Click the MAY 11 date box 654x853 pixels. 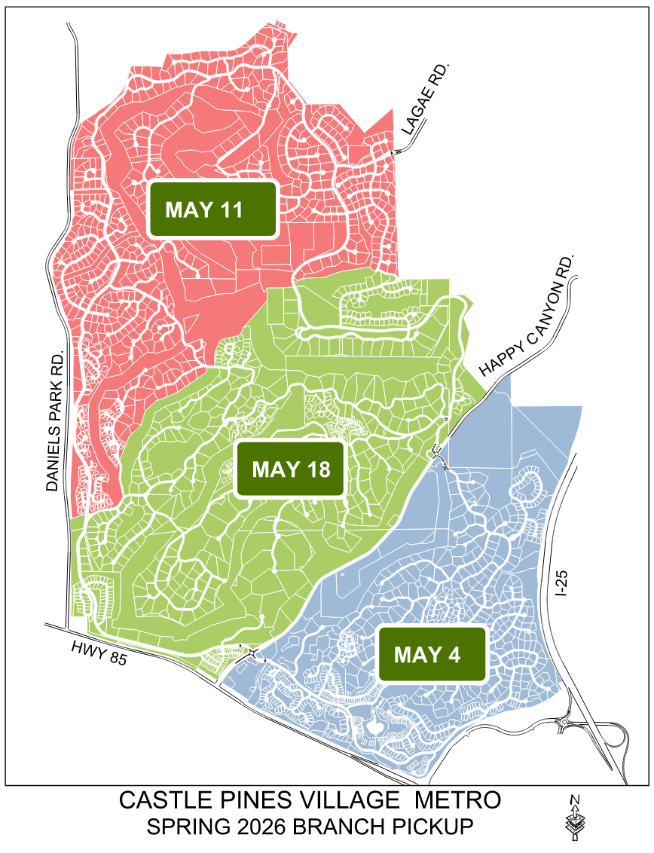[212, 209]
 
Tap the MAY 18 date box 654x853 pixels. [291, 469]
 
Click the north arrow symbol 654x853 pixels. [575, 818]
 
